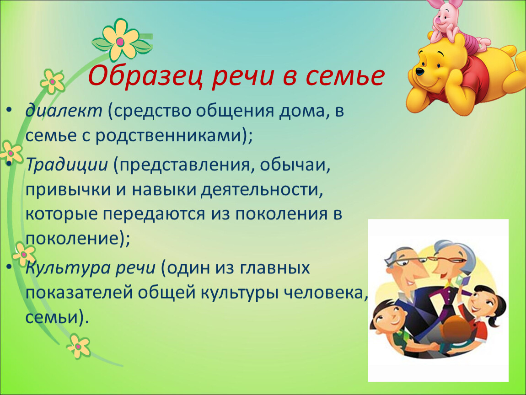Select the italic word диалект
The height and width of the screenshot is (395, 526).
(x=64, y=110)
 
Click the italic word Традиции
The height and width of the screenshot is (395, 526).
(x=67, y=165)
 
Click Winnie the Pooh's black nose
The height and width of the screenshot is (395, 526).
(x=420, y=71)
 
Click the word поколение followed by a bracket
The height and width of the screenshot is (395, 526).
(x=72, y=239)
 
